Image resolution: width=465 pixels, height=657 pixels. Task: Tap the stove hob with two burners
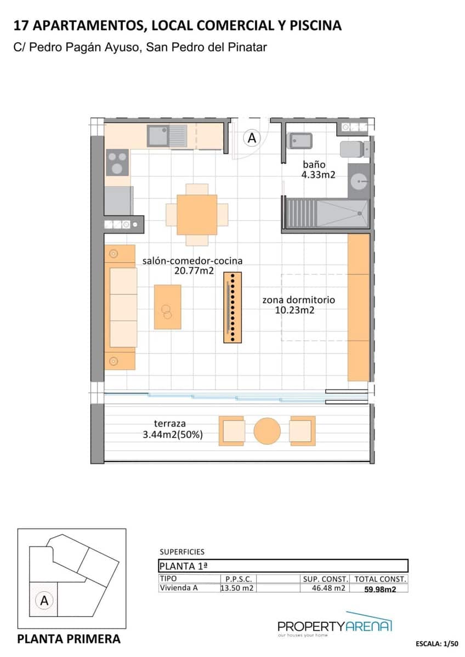117,163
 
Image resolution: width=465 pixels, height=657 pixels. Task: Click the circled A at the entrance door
252,138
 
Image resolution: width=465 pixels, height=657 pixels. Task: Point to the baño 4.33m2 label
317,170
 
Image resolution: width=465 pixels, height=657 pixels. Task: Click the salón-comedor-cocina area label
192,266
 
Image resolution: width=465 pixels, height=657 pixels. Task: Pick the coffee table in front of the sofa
167,307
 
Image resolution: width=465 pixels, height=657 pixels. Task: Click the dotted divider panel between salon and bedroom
232,308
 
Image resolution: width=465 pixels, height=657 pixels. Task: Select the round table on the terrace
267,431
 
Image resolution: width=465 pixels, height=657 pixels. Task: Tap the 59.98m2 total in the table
380,589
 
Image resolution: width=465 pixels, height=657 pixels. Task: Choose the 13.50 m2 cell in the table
236,589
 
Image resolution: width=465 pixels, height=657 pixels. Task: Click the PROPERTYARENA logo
334,626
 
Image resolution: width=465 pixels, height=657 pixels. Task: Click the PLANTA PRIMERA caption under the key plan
69,639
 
